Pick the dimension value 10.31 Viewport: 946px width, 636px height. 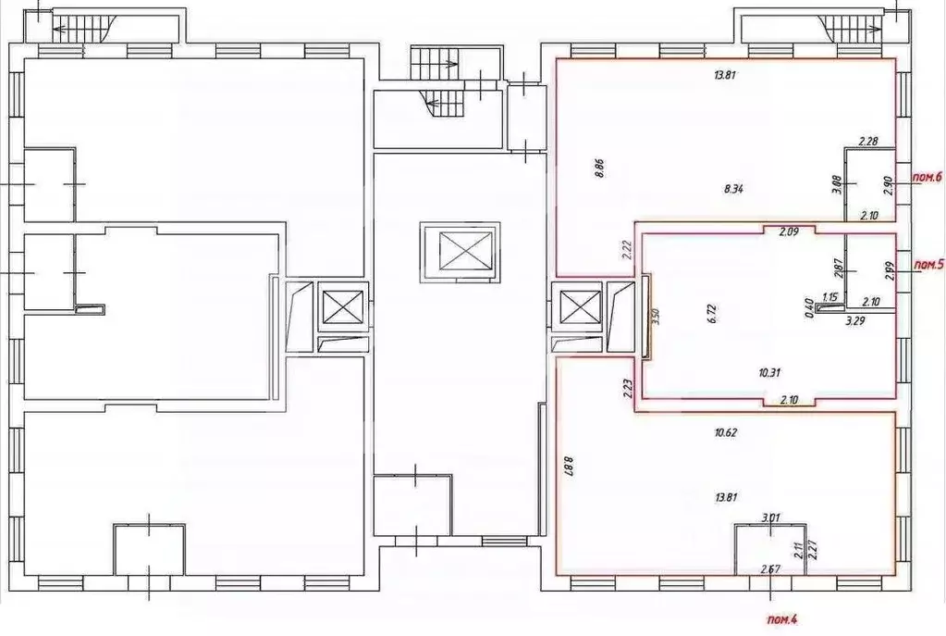click(x=768, y=372)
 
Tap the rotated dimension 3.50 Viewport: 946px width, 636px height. click(x=655, y=317)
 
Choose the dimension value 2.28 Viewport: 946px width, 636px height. click(x=867, y=142)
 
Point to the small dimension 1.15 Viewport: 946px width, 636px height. click(x=829, y=297)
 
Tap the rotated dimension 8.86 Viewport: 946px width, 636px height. click(x=598, y=170)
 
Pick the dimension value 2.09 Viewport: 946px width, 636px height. click(x=788, y=231)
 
